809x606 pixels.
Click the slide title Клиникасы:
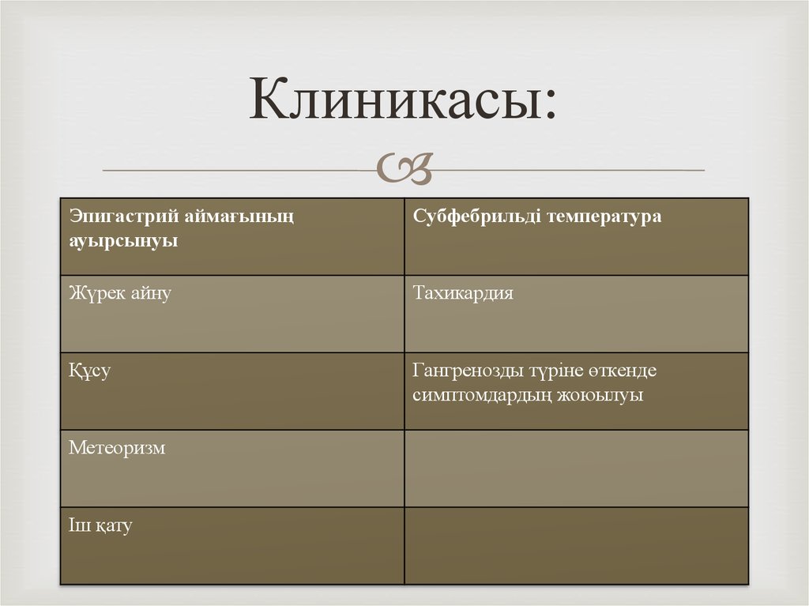[403, 101]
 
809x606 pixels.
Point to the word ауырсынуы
[122, 241]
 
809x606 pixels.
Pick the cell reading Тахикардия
[463, 294]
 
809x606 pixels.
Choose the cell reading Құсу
[89, 371]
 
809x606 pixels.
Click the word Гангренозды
[467, 371]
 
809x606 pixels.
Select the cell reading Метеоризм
[117, 448]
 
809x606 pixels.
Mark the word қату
[114, 525]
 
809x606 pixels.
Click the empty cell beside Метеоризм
[576, 468]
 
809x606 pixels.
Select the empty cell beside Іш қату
[576, 545]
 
